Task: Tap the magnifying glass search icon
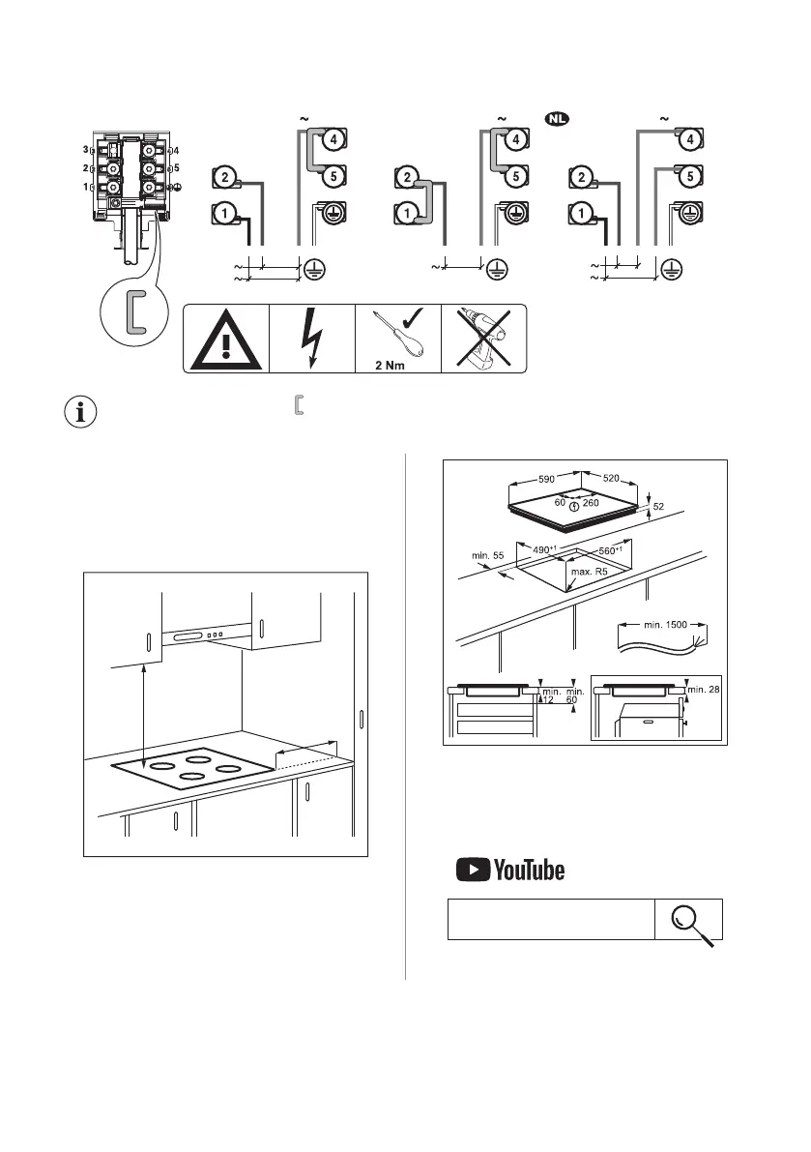click(x=690, y=919)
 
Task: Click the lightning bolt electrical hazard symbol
click(x=312, y=339)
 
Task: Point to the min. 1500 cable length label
click(x=666, y=625)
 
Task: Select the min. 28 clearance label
click(x=703, y=688)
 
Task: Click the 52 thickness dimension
click(x=659, y=506)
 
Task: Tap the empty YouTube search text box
click(x=550, y=919)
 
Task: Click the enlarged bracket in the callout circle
click(x=134, y=310)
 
